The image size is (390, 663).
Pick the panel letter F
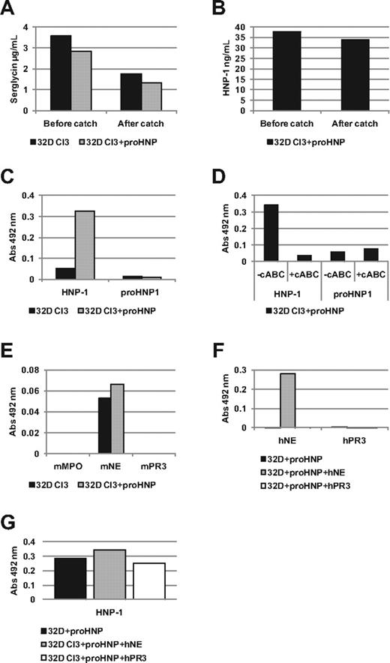click(x=208, y=349)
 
